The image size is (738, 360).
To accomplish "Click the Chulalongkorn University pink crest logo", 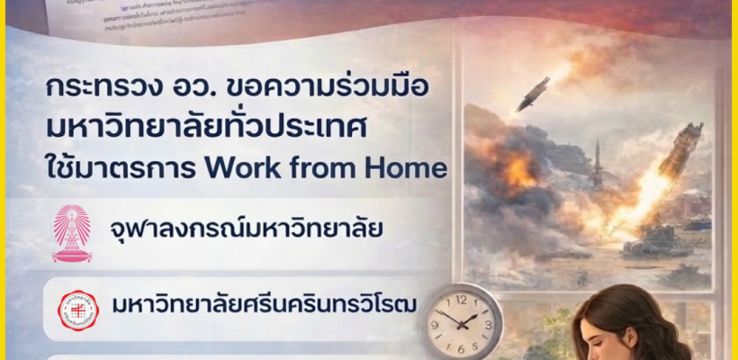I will click(72, 233).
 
